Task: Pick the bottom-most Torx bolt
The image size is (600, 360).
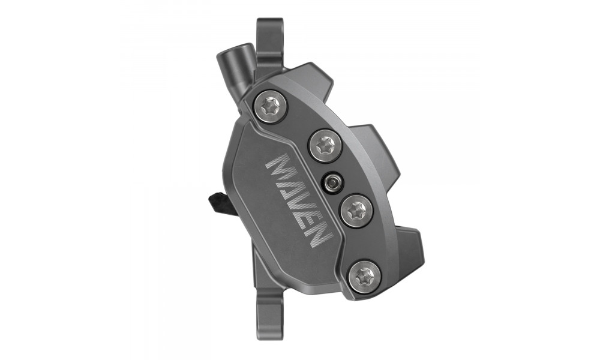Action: [x=365, y=275]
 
